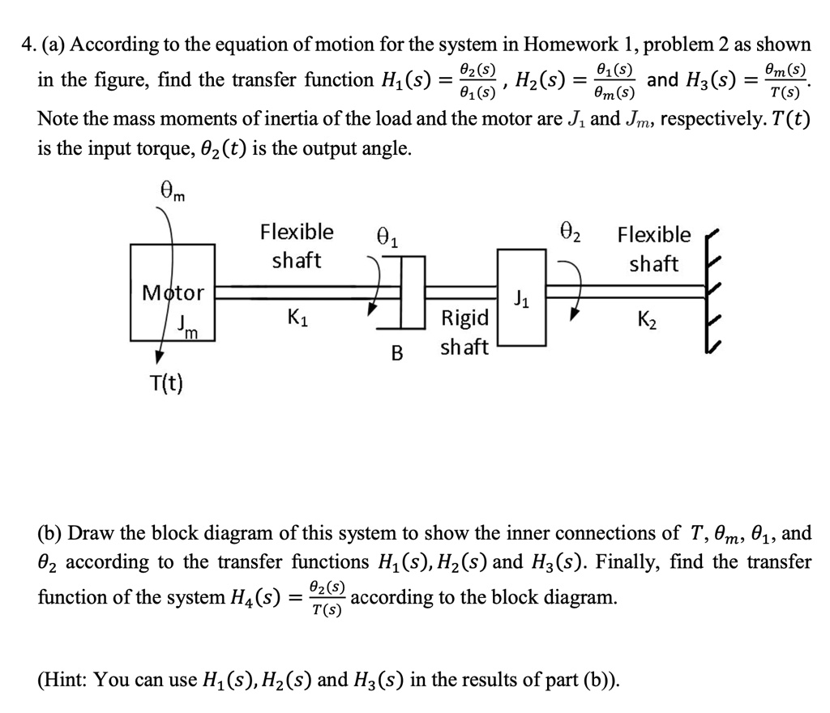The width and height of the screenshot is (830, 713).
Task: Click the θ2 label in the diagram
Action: [574, 236]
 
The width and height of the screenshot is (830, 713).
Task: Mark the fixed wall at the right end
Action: [714, 292]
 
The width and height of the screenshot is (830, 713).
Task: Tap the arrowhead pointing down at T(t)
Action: [160, 357]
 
